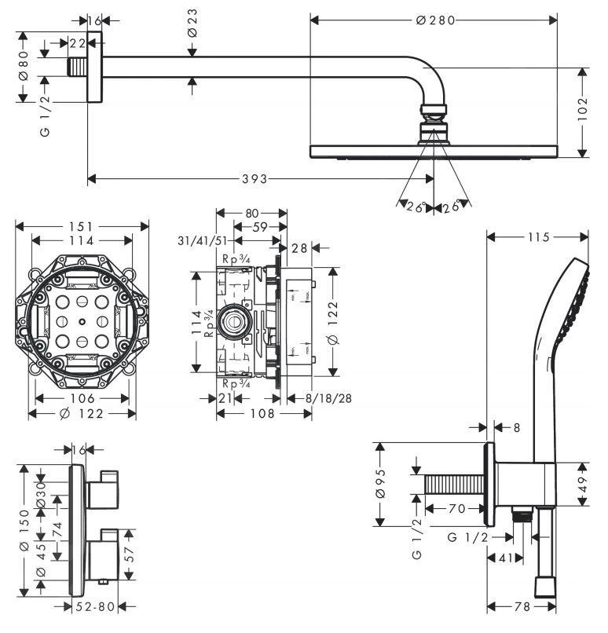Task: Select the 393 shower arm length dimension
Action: [x=253, y=179]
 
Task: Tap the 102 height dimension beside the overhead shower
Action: [x=582, y=112]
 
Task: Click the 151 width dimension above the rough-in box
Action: [x=82, y=226]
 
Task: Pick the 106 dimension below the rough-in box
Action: [x=82, y=399]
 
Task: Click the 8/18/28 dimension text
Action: [x=328, y=399]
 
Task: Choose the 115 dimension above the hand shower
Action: [x=538, y=236]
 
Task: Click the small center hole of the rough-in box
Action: [x=82, y=322]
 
